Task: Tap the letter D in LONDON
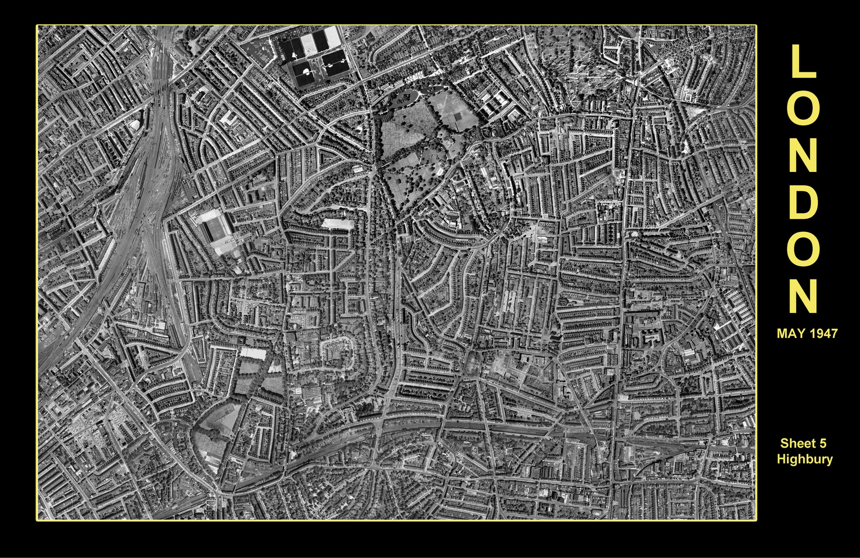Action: click(804, 203)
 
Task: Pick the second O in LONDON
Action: click(804, 249)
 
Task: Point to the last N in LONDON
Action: click(804, 296)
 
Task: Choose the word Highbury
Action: click(804, 459)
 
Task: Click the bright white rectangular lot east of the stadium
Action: click(338, 223)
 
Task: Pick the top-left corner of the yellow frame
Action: click(37, 25)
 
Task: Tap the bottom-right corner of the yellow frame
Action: click(756, 520)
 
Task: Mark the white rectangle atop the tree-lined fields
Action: click(253, 353)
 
